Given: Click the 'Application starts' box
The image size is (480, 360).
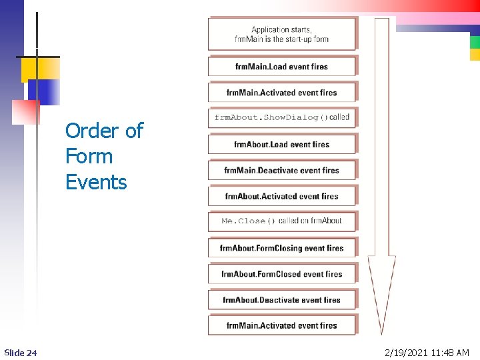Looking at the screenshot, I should pyautogui.click(x=281, y=34).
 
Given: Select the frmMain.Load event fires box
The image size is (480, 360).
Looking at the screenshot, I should pyautogui.click(x=281, y=67).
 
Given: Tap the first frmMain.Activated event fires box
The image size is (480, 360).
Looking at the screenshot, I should pyautogui.click(x=281, y=93).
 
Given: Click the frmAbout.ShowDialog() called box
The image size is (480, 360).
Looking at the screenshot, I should pyautogui.click(x=281, y=117).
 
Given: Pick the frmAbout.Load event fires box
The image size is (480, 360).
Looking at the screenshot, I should pyautogui.click(x=281, y=145).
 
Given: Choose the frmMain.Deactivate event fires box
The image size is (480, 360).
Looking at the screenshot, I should pyautogui.click(x=281, y=171).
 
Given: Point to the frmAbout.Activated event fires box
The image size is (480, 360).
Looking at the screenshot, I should pyautogui.click(x=281, y=197).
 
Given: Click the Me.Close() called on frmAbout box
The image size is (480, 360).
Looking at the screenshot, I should pyautogui.click(x=281, y=221).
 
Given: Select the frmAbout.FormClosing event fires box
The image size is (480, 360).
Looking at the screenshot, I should pyautogui.click(x=281, y=248).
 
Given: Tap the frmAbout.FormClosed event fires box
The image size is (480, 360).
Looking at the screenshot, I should pyautogui.click(x=281, y=274).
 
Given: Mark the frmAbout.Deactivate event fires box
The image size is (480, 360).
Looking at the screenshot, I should pyautogui.click(x=281, y=300).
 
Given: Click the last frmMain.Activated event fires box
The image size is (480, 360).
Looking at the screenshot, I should pyautogui.click(x=281, y=326).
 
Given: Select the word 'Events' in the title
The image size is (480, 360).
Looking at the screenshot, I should pyautogui.click(x=96, y=182).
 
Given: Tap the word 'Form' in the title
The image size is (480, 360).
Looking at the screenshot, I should pyautogui.click(x=89, y=157).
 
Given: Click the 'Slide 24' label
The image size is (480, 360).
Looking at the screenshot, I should pyautogui.click(x=20, y=352).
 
